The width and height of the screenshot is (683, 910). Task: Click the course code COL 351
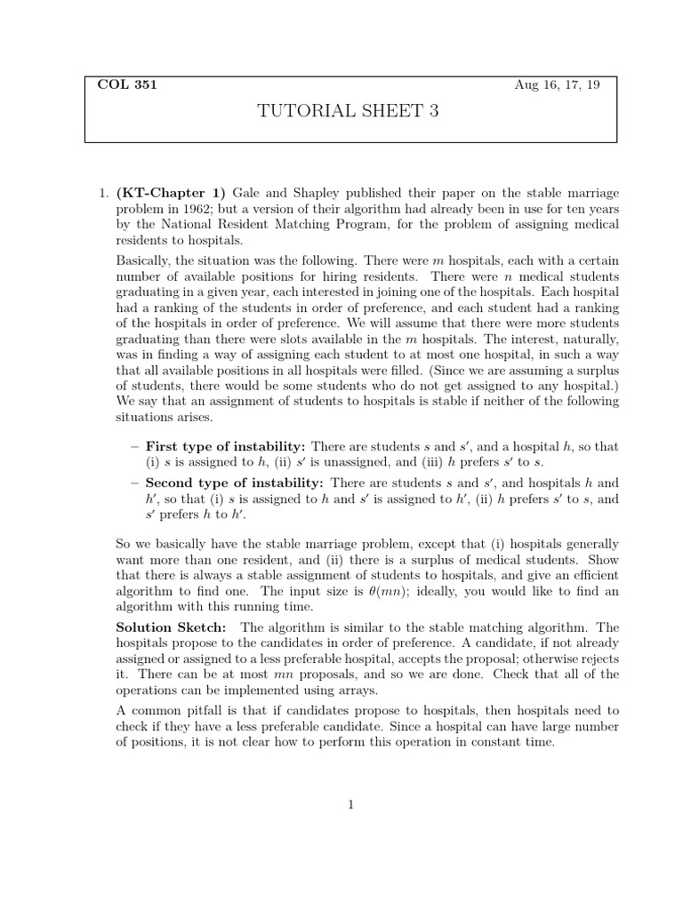point(126,85)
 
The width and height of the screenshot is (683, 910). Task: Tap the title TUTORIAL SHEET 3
point(348,111)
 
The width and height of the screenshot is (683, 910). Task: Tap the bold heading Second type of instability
point(235,483)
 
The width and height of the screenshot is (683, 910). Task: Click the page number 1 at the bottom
point(351,805)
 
